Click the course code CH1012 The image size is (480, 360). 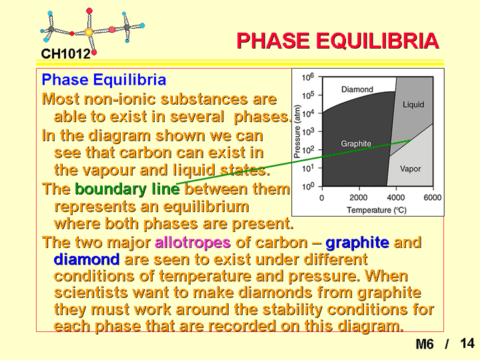coord(66,54)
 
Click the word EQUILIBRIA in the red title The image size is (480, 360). coord(377,41)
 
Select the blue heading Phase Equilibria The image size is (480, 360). coord(104,79)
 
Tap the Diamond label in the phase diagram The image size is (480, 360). coord(357,89)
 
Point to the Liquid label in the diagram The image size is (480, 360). coord(413,105)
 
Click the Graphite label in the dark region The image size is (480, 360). coord(356,143)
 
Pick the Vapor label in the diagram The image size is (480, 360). coord(410,169)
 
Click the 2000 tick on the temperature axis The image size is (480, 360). coord(359,198)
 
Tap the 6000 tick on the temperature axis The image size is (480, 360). coord(433,198)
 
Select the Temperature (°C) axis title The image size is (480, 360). coord(377,210)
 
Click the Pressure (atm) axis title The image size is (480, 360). coord(297,131)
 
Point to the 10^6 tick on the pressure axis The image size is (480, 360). coord(308,77)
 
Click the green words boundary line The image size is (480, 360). coord(127,189)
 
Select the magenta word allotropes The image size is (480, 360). coord(193,243)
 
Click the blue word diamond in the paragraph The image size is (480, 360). coord(87,259)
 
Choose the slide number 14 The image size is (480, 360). coord(467,343)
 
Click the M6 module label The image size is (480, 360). coord(425,344)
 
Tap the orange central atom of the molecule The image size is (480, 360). coord(89,32)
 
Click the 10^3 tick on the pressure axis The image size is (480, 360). coord(308,131)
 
